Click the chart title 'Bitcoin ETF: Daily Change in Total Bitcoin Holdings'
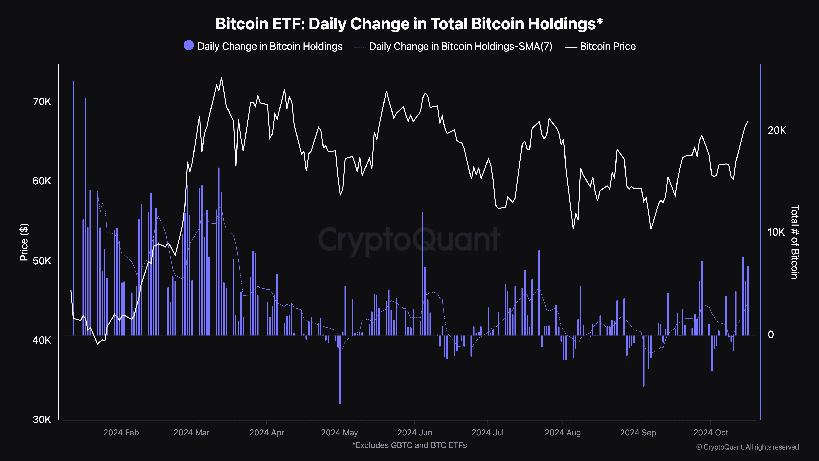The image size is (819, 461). coord(409,24)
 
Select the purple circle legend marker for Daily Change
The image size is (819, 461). coord(189,45)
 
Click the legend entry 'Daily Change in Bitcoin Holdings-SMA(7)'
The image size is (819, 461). coord(460,47)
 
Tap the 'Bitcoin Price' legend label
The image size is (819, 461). coord(607,47)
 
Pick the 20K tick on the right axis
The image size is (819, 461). coord(777,131)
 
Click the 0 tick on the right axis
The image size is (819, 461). coord(771,334)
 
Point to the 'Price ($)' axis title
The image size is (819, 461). coord(24,242)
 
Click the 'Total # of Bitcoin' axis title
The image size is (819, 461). coord(794,242)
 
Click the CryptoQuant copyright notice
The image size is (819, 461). coord(747,447)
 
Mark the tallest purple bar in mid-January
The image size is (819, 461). coord(74,207)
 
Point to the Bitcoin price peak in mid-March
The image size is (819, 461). coord(221,78)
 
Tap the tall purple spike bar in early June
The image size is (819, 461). coord(423,274)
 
